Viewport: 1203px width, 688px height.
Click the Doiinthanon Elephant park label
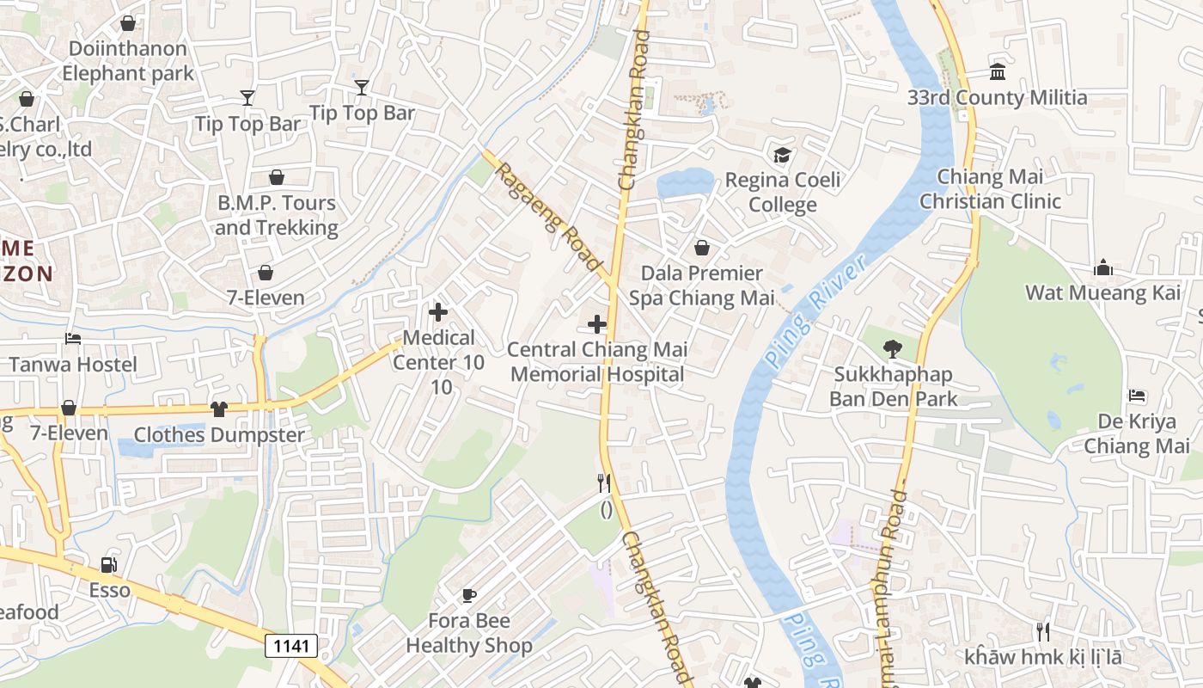(128, 61)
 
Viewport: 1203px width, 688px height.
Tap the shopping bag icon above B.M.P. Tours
(277, 178)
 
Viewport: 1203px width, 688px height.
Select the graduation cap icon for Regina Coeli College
(782, 156)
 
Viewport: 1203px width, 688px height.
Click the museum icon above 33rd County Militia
(998, 72)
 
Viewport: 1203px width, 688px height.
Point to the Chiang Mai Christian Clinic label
(990, 189)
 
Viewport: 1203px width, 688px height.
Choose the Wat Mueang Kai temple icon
(1103, 268)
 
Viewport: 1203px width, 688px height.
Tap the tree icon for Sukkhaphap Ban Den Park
(893, 349)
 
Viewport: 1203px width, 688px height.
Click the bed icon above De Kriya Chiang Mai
(1137, 396)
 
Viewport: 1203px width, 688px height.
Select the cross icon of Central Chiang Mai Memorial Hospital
(597, 325)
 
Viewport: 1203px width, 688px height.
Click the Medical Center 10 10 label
(438, 362)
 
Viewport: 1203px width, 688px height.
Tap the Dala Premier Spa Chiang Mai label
(696, 286)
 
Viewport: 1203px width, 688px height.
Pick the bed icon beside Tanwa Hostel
(73, 340)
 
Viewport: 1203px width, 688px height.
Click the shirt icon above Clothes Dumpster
(219, 409)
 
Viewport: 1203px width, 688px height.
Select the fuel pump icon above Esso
(109, 565)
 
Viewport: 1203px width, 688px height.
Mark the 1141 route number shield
(290, 646)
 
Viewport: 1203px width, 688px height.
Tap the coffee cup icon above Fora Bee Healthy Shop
(469, 595)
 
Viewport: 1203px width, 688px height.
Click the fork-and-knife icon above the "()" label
(605, 483)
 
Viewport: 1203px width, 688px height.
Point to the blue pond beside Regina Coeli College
(685, 182)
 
